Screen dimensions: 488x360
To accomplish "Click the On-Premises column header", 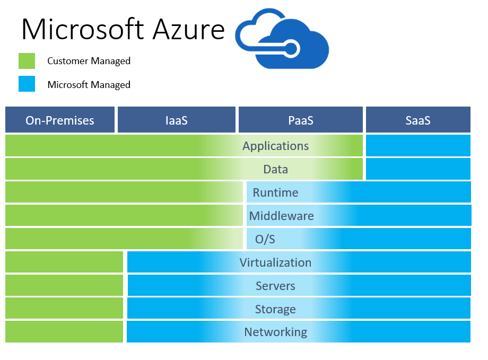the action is (60, 120).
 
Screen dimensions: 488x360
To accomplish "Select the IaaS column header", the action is (177, 120).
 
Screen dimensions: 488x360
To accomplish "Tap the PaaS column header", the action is (301, 120).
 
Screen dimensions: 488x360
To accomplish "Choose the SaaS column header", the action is (418, 120).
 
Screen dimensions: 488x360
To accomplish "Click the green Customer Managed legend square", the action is (27, 60).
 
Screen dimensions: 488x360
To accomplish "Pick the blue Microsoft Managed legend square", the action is (27, 84).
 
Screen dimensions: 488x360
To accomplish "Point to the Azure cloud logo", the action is (282, 39).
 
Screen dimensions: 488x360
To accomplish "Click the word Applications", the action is (275, 146).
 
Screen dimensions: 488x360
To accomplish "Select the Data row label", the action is (275, 169).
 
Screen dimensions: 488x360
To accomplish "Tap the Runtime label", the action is (275, 192).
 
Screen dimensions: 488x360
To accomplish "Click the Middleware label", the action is (281, 216).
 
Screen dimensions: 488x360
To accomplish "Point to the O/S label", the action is (265, 239).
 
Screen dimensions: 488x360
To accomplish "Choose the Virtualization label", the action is (275, 262).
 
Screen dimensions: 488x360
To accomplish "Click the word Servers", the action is (275, 286).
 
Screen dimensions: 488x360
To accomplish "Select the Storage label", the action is (275, 309).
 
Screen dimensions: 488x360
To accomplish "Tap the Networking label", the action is (275, 332).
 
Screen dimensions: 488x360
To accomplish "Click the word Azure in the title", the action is (189, 30).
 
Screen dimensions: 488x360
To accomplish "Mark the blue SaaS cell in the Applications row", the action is (418, 146).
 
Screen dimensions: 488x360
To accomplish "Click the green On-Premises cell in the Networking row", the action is (64, 332).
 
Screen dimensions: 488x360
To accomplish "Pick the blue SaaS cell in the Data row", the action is (418, 169).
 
